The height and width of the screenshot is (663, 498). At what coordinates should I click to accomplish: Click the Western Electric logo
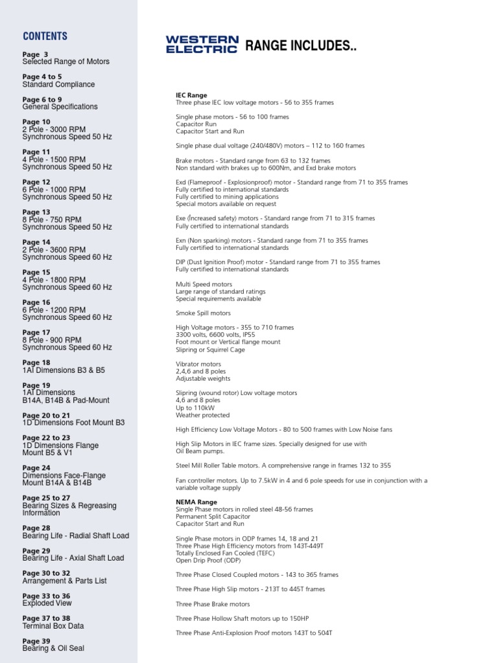[202, 45]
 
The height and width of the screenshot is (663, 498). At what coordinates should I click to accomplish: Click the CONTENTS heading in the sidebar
[45, 36]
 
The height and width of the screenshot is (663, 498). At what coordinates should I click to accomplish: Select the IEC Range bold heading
[191, 95]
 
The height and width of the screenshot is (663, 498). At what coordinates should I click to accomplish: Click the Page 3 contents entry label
[35, 54]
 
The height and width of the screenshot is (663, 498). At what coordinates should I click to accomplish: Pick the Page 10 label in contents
[36, 122]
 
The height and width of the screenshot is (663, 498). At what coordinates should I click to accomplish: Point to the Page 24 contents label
[36, 468]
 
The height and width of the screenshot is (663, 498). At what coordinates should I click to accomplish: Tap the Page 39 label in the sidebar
[36, 641]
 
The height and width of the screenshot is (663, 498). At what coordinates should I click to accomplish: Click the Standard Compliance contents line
[58, 84]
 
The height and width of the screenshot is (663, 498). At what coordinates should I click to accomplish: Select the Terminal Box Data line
[53, 626]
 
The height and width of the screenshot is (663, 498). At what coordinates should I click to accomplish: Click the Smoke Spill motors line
[203, 313]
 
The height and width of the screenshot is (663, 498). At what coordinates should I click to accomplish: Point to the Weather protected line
[202, 415]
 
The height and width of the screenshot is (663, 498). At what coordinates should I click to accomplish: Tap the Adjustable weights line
[202, 379]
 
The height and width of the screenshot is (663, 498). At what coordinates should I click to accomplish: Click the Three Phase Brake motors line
[213, 604]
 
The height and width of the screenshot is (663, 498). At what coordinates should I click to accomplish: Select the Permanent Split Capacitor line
[209, 516]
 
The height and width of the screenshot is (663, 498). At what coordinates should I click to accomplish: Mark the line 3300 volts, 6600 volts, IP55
[217, 335]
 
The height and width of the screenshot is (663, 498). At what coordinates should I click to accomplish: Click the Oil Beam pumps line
[200, 451]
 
